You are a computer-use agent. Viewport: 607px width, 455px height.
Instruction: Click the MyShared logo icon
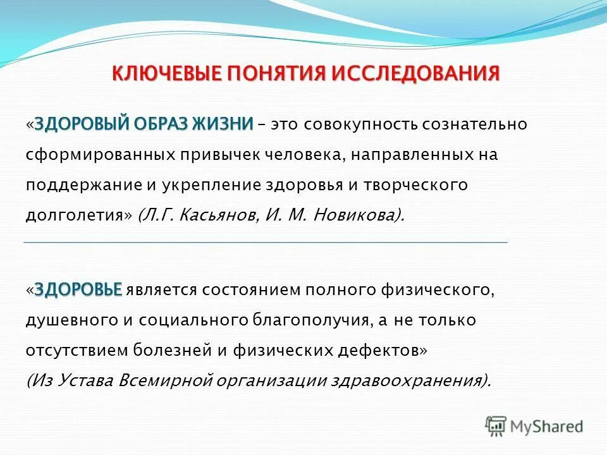click(496, 425)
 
